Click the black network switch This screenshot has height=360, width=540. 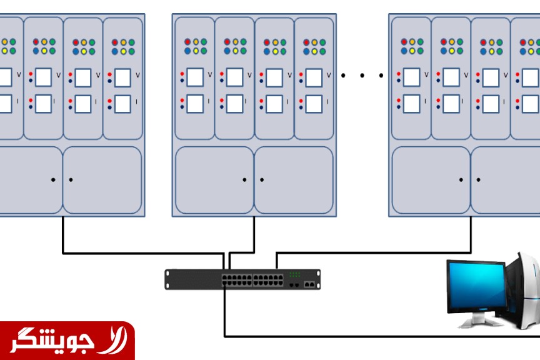pyautogui.click(x=242, y=279)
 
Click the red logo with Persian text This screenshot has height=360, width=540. pyautogui.click(x=67, y=340)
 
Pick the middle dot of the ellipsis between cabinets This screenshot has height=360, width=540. pyautogui.click(x=362, y=76)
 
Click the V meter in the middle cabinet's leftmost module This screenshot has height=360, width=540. pyautogui.click(x=195, y=77)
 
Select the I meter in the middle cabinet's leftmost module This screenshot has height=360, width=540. pyautogui.click(x=195, y=103)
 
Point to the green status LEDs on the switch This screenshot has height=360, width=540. pyautogui.click(x=294, y=274)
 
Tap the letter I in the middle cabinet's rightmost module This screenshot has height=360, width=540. pyautogui.click(x=329, y=101)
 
